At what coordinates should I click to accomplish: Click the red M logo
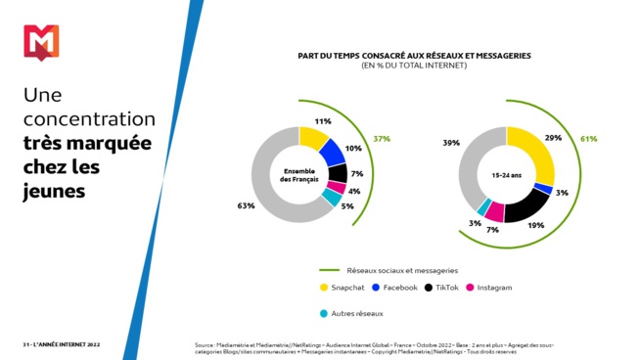(40, 43)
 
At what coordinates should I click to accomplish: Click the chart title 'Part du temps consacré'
(414, 56)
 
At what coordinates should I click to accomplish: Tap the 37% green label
(382, 139)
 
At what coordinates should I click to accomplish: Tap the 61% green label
(588, 139)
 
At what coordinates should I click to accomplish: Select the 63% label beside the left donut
(246, 206)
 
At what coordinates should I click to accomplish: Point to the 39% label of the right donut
(451, 143)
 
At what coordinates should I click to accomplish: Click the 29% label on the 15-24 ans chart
(553, 138)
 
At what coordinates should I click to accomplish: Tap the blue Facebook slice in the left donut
(333, 153)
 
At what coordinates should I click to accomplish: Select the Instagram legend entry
(488, 288)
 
